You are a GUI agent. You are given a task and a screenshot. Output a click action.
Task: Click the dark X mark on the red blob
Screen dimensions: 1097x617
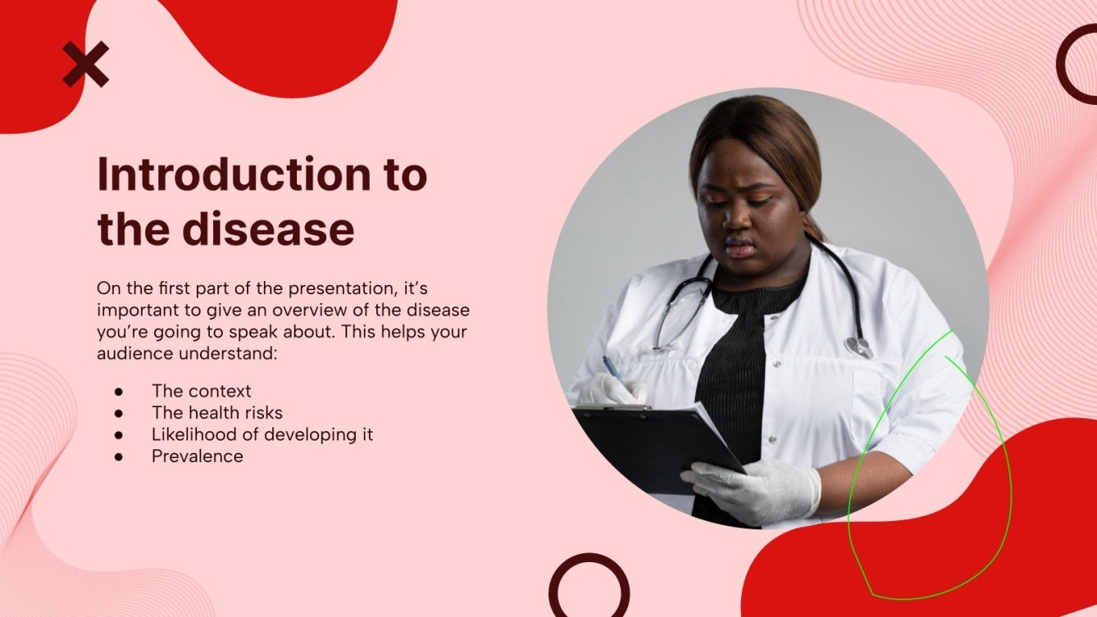[x=86, y=64]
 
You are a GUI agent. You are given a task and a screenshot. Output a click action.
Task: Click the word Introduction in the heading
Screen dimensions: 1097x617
[x=234, y=175]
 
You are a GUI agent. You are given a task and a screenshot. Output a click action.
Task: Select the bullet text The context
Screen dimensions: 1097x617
[x=201, y=391]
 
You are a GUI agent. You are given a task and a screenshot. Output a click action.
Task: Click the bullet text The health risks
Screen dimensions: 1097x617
[x=217, y=412]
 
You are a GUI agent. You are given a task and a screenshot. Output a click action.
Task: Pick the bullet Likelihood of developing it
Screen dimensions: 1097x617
[x=262, y=434]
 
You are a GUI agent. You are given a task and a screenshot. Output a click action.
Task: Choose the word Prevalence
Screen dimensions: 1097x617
[x=198, y=456]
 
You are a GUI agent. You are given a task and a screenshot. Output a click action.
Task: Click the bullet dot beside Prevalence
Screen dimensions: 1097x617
[x=119, y=457]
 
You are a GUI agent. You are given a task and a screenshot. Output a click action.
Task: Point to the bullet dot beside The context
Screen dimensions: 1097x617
[x=119, y=392]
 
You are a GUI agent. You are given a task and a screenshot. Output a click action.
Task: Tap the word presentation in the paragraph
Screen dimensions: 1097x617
[x=342, y=288]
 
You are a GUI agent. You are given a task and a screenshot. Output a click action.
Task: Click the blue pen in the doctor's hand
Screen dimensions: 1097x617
[x=614, y=371]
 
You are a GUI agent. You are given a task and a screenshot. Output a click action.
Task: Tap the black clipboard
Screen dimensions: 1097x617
[x=658, y=447]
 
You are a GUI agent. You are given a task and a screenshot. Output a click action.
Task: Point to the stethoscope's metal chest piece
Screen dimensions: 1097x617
[x=859, y=347]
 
